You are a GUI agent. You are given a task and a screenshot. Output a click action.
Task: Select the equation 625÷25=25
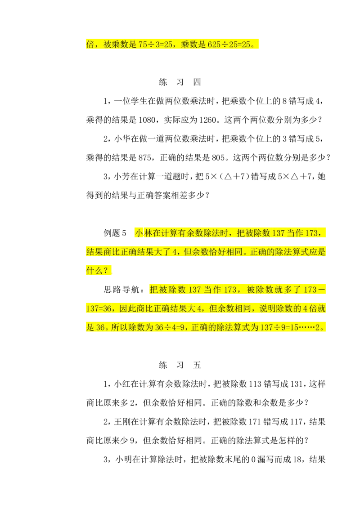(231, 45)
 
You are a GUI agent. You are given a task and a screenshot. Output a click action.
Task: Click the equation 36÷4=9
(169, 328)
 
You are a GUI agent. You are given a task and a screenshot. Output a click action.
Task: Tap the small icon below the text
(147, 386)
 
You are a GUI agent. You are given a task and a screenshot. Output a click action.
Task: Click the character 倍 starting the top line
(90, 45)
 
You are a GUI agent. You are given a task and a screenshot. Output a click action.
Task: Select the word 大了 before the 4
(161, 252)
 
